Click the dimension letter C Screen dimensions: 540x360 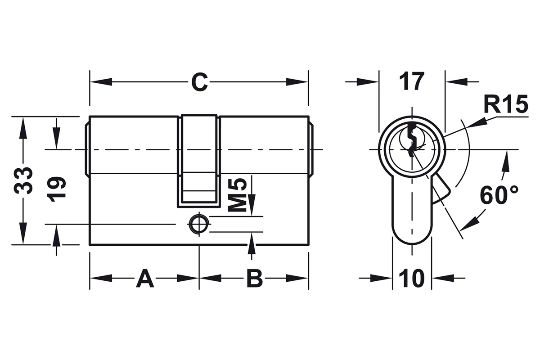coord(199,82)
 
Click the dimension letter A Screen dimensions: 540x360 coord(145,279)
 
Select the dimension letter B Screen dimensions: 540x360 coord(255,279)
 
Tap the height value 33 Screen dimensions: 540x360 coord(23,180)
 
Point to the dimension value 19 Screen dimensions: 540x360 coord(56,189)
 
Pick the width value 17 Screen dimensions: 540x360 coord(411,81)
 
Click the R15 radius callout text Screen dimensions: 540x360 coord(506,104)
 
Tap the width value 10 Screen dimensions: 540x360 coord(412,279)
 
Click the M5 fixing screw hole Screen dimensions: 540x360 coord(199,224)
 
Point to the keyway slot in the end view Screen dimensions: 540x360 coord(412,140)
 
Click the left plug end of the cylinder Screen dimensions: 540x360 coord(87,150)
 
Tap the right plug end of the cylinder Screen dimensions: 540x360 coord(311,150)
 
